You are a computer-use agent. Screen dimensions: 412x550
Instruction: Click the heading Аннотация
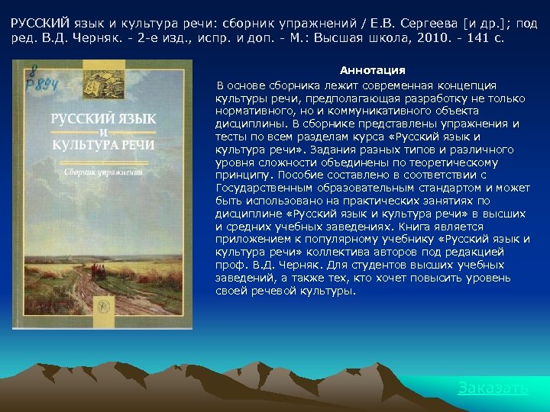(x=373, y=70)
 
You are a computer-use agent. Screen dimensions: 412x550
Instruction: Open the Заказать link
(x=493, y=388)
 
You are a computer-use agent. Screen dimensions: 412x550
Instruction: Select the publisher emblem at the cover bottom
(x=102, y=304)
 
